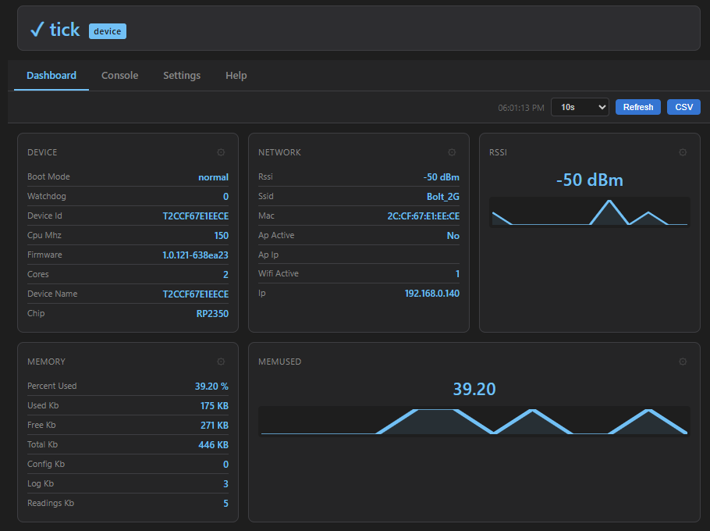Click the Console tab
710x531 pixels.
click(x=119, y=76)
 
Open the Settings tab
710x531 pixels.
click(x=182, y=76)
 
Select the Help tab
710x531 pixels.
click(x=236, y=76)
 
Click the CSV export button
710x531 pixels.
click(x=683, y=107)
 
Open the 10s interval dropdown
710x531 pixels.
click(x=579, y=107)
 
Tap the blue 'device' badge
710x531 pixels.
click(x=108, y=31)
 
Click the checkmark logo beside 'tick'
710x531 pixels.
click(x=37, y=30)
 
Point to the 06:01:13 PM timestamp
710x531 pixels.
click(x=521, y=108)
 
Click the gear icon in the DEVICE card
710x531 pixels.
click(x=221, y=152)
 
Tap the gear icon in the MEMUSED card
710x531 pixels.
click(x=683, y=362)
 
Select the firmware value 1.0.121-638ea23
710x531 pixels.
click(x=195, y=255)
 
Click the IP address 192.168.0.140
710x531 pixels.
click(x=431, y=294)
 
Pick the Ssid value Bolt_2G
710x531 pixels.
click(x=442, y=197)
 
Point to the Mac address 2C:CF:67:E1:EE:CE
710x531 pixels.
click(x=423, y=216)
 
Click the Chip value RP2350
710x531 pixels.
click(x=212, y=314)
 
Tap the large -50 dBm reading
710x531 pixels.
click(x=589, y=180)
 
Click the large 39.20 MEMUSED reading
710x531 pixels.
click(x=474, y=389)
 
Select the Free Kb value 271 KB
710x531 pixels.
click(x=214, y=426)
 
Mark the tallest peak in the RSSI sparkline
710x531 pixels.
click(x=610, y=201)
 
